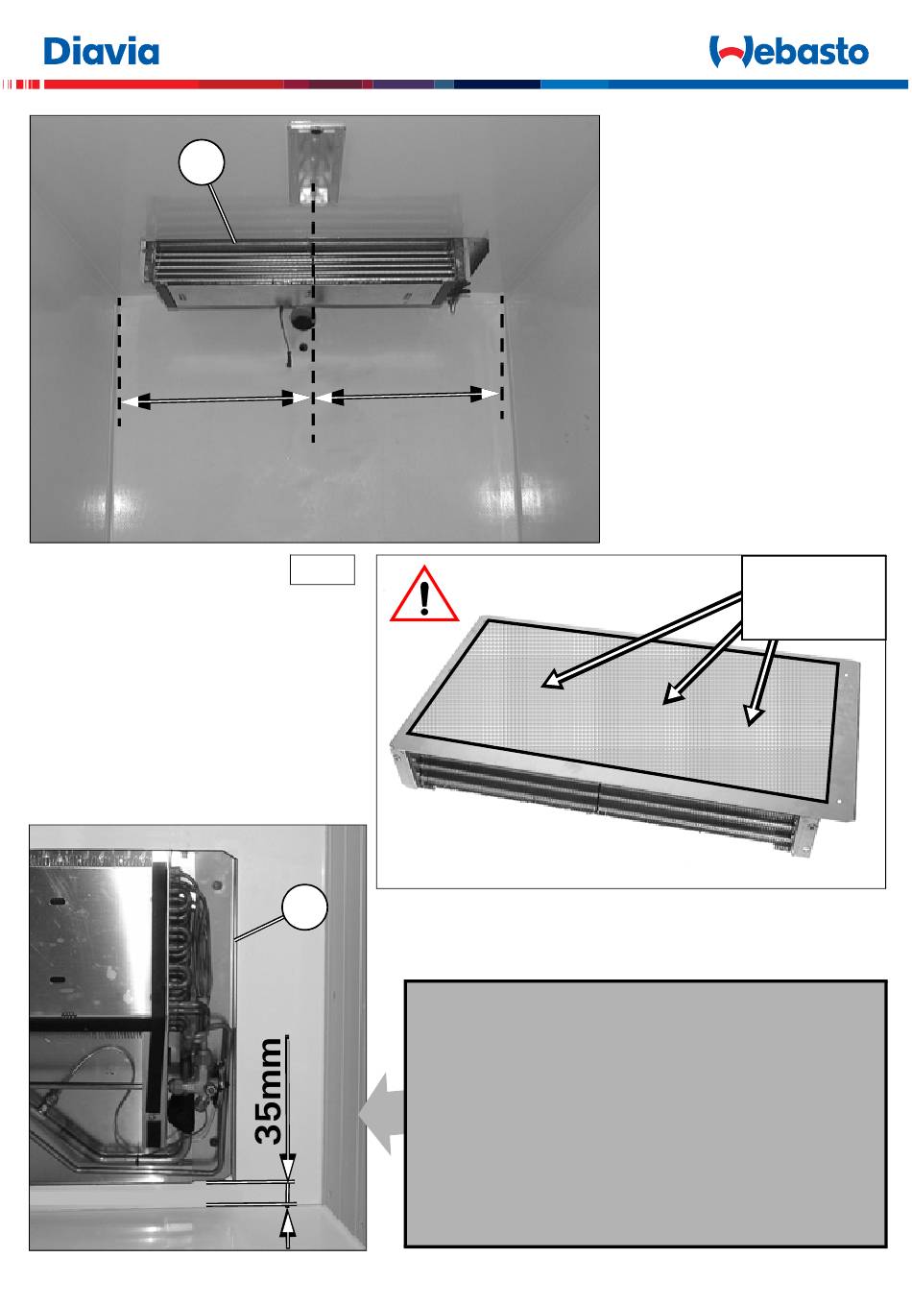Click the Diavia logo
tap(102, 51)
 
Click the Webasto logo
tap(788, 52)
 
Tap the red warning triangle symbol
tap(424, 593)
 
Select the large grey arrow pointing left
tap(382, 1114)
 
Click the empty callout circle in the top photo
tap(201, 162)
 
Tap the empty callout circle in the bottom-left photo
tap(304, 907)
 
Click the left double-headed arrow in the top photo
tap(214, 399)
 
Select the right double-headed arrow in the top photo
tap(407, 396)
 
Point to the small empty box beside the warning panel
tap(323, 569)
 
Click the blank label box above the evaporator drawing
tap(813, 597)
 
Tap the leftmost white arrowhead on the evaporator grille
tap(552, 680)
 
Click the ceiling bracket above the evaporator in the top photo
tap(313, 162)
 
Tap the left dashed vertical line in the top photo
tap(119, 361)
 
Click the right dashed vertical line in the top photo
tap(502, 357)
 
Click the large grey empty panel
tap(646, 1114)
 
